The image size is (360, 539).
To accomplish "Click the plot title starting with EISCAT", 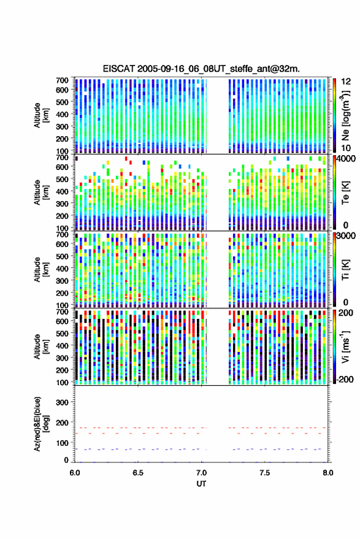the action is pyautogui.click(x=201, y=69).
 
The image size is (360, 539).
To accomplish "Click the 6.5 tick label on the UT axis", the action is pyautogui.click(x=138, y=473).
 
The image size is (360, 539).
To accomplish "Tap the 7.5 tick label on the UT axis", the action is pyautogui.click(x=264, y=473).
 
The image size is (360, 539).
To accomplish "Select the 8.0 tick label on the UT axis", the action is pyautogui.click(x=327, y=473).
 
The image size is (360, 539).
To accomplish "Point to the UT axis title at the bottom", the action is pyautogui.click(x=201, y=484).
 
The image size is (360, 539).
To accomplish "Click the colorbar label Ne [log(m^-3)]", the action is pyautogui.click(x=345, y=115).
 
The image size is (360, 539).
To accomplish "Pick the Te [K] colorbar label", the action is pyautogui.click(x=345, y=192).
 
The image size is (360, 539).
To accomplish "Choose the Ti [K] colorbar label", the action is pyautogui.click(x=345, y=269).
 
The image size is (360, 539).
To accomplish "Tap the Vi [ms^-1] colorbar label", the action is pyautogui.click(x=345, y=346).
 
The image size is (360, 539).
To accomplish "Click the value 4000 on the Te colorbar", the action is pyautogui.click(x=346, y=158).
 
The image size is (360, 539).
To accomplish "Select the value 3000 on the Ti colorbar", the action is pyautogui.click(x=346, y=235).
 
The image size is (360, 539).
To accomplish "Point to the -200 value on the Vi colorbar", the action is pyautogui.click(x=345, y=379).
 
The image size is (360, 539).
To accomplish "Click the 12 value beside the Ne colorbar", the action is pyautogui.click(x=346, y=82).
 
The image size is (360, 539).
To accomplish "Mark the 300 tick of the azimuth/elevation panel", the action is pyautogui.click(x=62, y=402).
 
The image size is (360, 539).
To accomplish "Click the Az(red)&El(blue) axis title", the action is pyautogui.click(x=41, y=424).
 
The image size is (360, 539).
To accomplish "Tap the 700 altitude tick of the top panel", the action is pyautogui.click(x=62, y=80).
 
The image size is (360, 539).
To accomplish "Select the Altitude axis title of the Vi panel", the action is pyautogui.click(x=41, y=346).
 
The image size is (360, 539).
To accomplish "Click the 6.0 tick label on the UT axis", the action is pyautogui.click(x=75, y=473).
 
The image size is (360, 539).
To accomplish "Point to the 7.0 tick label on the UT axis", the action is pyautogui.click(x=201, y=473).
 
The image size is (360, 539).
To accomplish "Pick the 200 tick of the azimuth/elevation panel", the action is pyautogui.click(x=62, y=422).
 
